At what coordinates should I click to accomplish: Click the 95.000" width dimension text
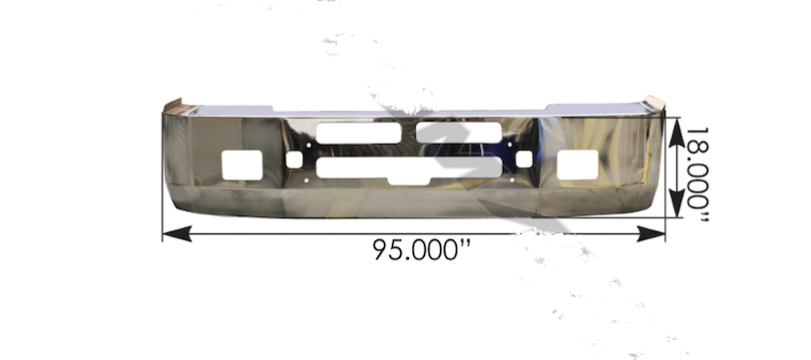[422, 249]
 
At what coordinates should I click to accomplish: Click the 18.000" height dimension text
[696, 176]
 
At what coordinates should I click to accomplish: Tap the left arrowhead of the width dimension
[177, 233]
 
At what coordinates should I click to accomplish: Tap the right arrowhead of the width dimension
[650, 233]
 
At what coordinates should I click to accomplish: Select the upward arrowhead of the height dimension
[676, 133]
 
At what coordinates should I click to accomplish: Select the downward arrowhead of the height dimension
[676, 203]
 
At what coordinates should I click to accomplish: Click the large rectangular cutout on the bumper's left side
[242, 165]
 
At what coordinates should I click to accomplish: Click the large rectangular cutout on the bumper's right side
[578, 165]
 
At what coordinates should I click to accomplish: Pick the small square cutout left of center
[294, 160]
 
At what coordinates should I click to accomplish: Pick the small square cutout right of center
[524, 159]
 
